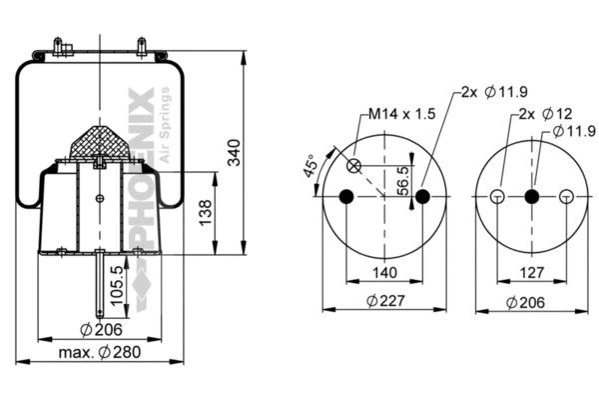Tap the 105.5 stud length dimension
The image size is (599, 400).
[x=119, y=284]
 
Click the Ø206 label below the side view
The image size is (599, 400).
[x=101, y=328]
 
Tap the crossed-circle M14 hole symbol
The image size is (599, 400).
[x=356, y=165]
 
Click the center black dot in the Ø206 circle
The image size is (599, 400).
[x=531, y=196]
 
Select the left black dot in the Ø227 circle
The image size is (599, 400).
[x=346, y=196]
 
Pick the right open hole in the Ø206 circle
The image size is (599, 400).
[x=567, y=196]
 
